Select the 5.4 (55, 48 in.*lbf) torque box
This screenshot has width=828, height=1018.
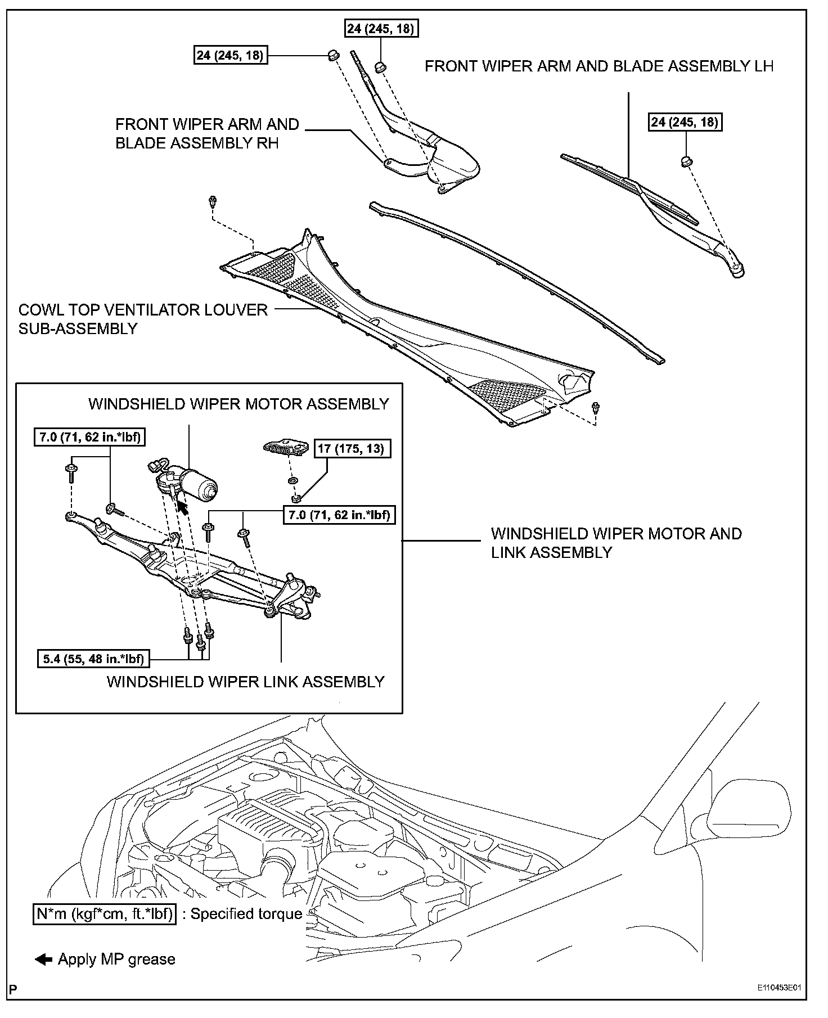(x=93, y=659)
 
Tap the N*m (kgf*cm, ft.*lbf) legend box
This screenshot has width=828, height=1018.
(x=104, y=913)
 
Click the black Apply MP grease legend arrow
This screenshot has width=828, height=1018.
(x=43, y=960)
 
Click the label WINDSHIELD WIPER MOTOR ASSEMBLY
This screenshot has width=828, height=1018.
(x=238, y=404)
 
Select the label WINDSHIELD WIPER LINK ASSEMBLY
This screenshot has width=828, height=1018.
(x=245, y=682)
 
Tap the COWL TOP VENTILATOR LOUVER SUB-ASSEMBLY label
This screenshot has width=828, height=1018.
(x=143, y=319)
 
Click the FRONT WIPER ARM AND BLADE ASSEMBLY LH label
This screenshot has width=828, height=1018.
(x=598, y=66)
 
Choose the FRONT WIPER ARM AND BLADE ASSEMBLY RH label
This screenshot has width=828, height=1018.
(x=206, y=134)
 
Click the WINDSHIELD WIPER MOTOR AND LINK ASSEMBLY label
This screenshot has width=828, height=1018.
(x=616, y=543)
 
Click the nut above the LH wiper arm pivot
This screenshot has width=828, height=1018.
(x=686, y=161)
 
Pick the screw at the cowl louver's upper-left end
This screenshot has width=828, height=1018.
(x=213, y=201)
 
